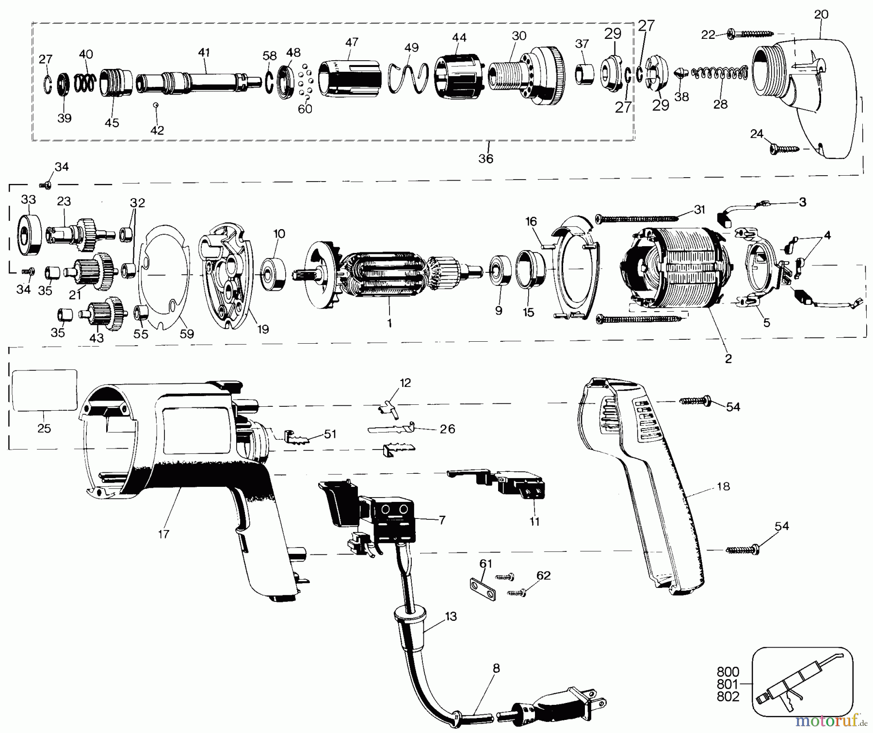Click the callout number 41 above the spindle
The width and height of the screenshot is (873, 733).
pyautogui.click(x=204, y=52)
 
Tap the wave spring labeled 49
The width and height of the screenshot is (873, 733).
pyautogui.click(x=410, y=78)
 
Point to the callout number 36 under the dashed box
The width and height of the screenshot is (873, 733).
pyautogui.click(x=485, y=158)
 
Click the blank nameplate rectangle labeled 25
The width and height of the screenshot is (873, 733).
pyautogui.click(x=44, y=390)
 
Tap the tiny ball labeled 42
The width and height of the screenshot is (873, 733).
pyautogui.click(x=156, y=104)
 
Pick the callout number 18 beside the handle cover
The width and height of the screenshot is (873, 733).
pyautogui.click(x=723, y=486)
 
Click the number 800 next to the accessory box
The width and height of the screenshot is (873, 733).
pyautogui.click(x=728, y=672)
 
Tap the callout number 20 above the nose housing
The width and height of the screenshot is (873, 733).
pyautogui.click(x=821, y=15)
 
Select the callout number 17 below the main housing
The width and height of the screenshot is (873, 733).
pyautogui.click(x=163, y=534)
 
